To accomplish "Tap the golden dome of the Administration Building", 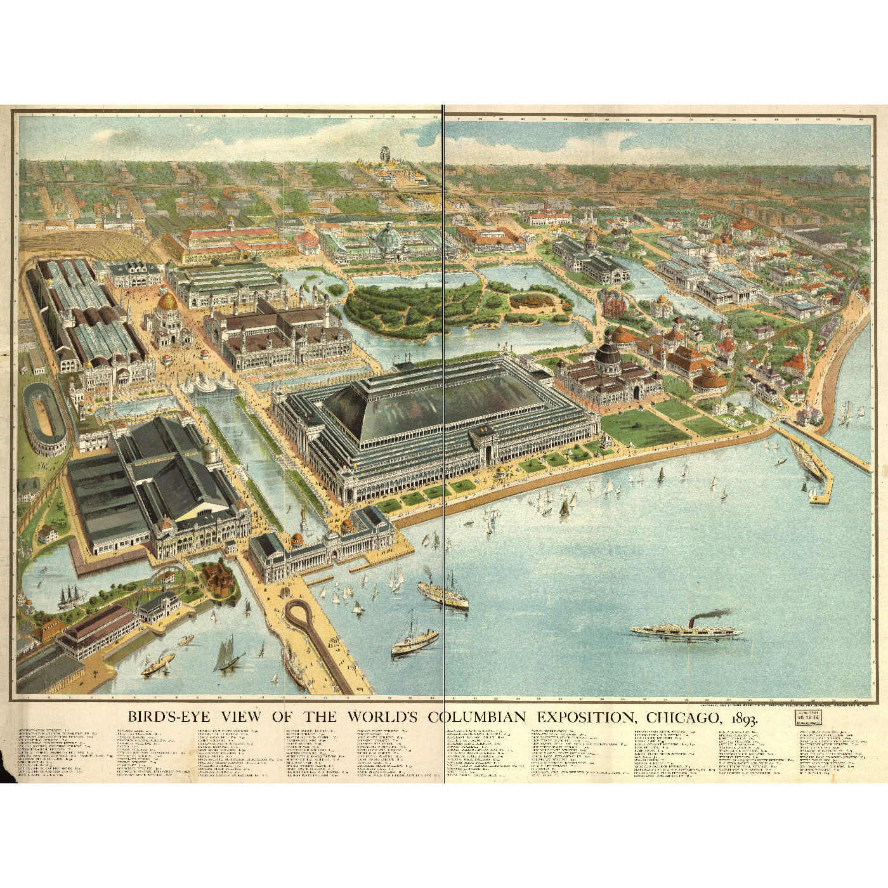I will [x=167, y=303].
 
